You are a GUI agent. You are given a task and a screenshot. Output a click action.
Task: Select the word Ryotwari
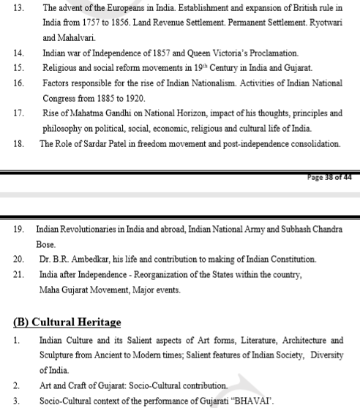[x=320, y=22]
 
